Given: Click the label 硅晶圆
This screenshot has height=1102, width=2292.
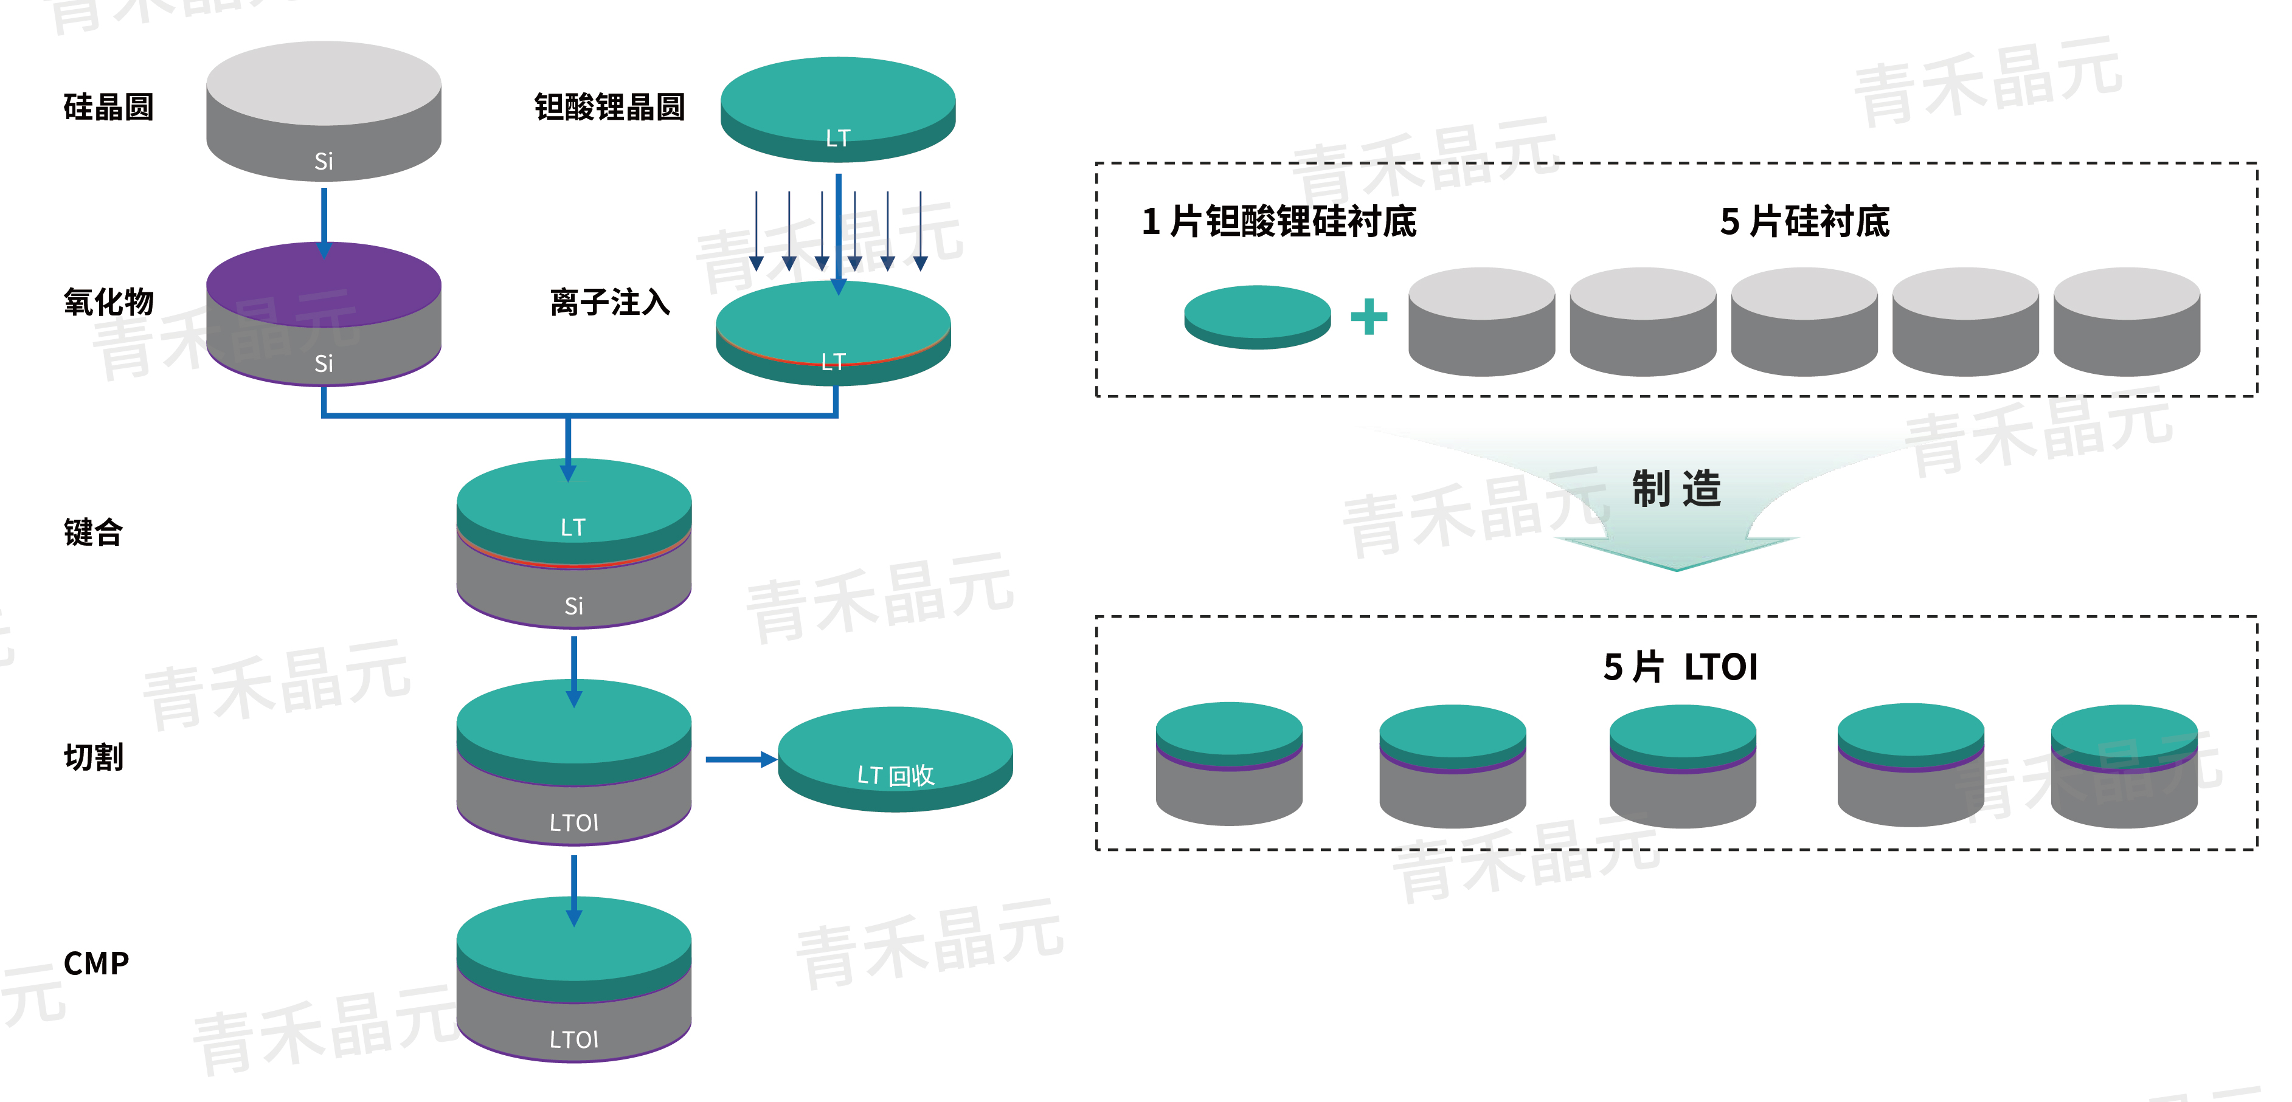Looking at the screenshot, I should [x=109, y=108].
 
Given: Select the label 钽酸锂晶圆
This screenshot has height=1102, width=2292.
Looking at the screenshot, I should [x=609, y=108].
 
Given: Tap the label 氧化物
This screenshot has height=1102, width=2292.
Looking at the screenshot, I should [x=109, y=303].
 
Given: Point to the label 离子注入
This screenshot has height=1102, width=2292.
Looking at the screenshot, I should [x=609, y=303].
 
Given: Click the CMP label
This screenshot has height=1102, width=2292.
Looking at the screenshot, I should [x=96, y=963].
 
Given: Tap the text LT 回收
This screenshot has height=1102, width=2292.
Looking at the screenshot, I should [x=895, y=776].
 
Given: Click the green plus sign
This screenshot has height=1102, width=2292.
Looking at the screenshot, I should [x=1368, y=317].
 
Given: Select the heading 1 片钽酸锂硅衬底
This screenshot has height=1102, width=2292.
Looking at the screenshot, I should [x=1279, y=221].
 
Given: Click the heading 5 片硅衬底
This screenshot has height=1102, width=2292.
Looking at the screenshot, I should [x=1804, y=221].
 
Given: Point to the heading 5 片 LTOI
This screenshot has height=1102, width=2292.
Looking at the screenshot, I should [x=1680, y=667].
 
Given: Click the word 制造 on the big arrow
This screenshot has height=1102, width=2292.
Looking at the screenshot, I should [x=1677, y=489].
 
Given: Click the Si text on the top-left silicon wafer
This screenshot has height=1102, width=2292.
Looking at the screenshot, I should [x=324, y=162].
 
